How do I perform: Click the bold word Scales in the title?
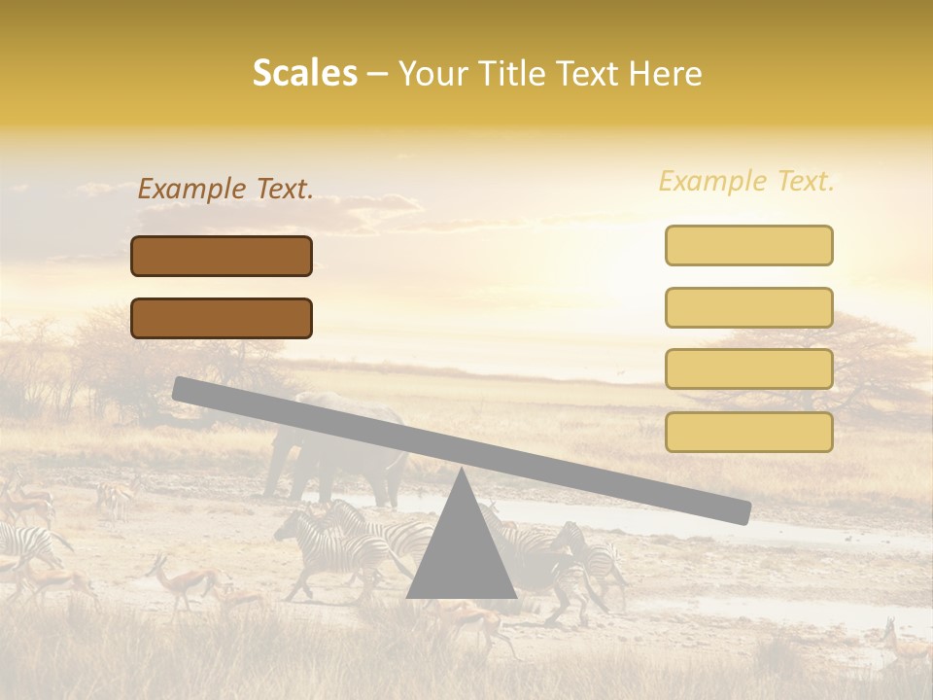click(x=304, y=73)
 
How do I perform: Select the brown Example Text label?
click(x=225, y=190)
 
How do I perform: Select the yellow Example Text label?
click(x=746, y=181)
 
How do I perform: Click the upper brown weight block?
click(x=222, y=256)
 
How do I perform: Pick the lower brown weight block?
click(x=222, y=318)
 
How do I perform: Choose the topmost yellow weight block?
click(x=748, y=245)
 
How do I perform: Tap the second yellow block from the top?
click(x=748, y=307)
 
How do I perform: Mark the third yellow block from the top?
click(x=748, y=368)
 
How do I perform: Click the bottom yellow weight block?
click(x=748, y=432)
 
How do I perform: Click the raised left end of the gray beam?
click(x=185, y=388)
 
